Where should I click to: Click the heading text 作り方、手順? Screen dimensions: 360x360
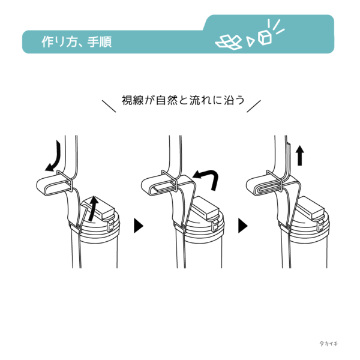point(76,42)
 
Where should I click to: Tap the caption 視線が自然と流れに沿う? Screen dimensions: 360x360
point(183,100)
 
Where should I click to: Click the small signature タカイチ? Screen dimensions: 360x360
point(329,343)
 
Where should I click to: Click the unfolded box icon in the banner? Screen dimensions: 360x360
point(229,42)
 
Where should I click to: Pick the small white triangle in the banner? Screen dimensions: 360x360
point(250,41)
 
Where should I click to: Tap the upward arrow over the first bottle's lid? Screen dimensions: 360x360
point(94,208)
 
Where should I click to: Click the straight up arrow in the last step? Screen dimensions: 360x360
point(299,155)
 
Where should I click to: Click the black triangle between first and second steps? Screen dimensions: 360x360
point(139,226)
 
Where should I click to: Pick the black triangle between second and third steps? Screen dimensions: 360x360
point(243,226)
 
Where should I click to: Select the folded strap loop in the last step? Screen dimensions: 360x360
point(263,185)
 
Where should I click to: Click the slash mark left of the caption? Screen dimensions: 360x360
point(109,106)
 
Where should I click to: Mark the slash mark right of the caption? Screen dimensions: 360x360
point(254,106)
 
